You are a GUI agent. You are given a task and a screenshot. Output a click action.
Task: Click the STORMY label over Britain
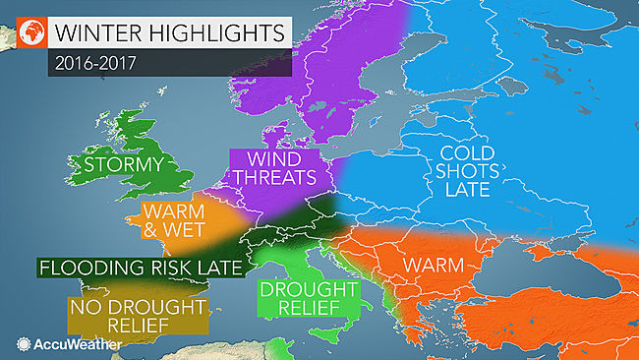(x=123, y=163)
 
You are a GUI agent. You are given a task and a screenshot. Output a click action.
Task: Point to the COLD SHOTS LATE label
(x=466, y=173)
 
